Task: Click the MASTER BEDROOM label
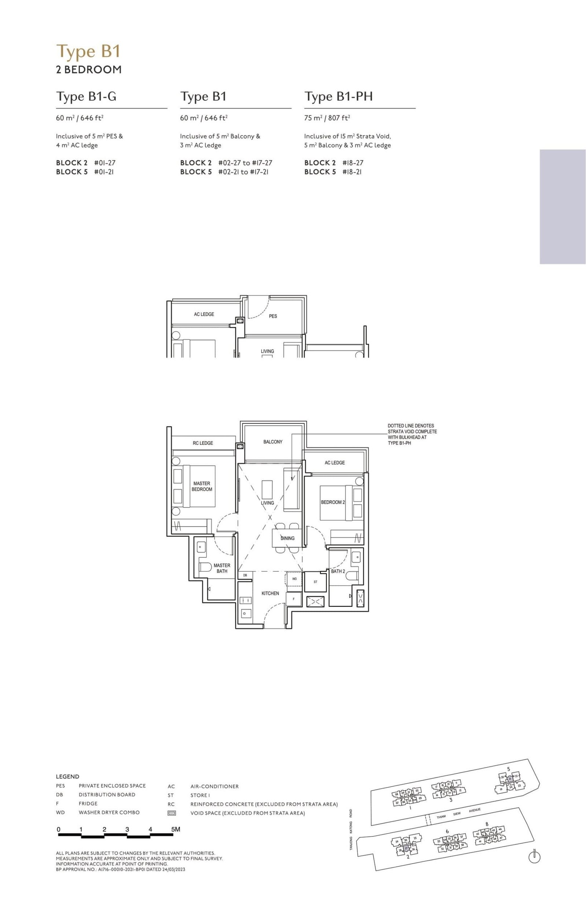tap(201, 486)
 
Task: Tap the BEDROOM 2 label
tap(333, 502)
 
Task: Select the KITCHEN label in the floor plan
tap(270, 593)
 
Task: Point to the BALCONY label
tap(272, 442)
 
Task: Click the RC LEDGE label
tap(203, 443)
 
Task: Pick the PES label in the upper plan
tap(272, 316)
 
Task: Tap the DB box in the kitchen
tap(245, 575)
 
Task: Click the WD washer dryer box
tap(294, 579)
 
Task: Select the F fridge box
tap(294, 599)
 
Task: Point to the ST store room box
tap(315, 582)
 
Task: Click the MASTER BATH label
tap(222, 568)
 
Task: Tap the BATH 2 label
tap(338, 571)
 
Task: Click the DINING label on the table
tap(288, 538)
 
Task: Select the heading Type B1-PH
tap(338, 97)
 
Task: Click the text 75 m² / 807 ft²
tap(327, 118)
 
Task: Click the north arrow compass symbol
tap(534, 857)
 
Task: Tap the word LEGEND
tap(67, 776)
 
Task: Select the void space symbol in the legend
tap(171, 813)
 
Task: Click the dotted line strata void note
tap(412, 434)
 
